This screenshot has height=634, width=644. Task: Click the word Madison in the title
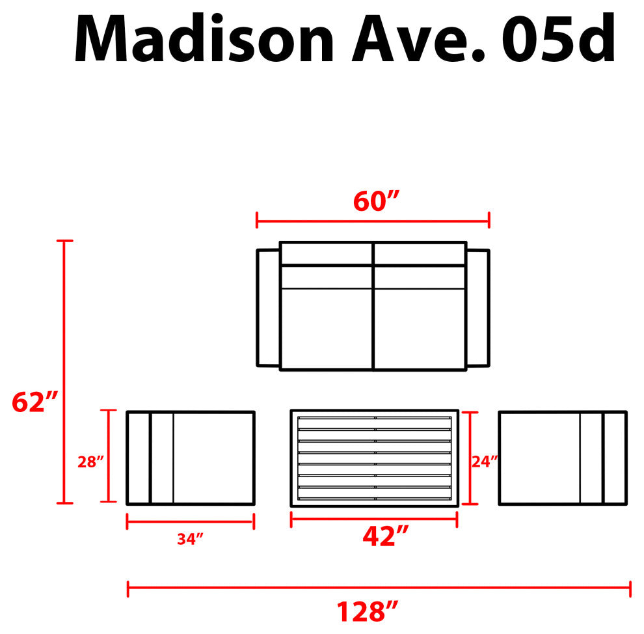(x=204, y=38)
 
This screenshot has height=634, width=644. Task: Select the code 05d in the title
(x=559, y=38)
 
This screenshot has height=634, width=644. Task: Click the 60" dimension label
(x=376, y=201)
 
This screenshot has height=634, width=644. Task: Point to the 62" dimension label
(x=35, y=402)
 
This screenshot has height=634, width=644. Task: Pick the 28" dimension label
(x=90, y=462)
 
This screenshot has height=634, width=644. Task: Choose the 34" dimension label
(x=190, y=539)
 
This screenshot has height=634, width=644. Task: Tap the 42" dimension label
(x=386, y=536)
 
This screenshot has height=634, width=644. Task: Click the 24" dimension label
(x=485, y=462)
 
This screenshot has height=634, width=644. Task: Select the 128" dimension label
(x=368, y=611)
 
